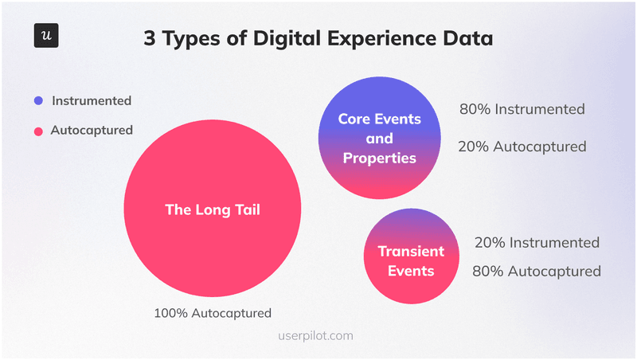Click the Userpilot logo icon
coord(47,37)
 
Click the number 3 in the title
coord(150,38)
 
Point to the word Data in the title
coord(468,38)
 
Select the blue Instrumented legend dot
coord(37,101)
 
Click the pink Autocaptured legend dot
coord(37,130)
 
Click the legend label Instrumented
coord(92,101)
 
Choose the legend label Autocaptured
coord(92,130)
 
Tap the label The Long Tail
coord(213,210)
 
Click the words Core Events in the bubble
coord(379,119)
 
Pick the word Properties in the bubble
coord(379,158)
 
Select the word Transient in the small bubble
coord(411,252)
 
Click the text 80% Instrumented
coord(522,109)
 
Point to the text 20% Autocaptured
coord(522,147)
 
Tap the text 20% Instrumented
coord(537,242)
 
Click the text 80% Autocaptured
coord(537,272)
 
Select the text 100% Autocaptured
coord(213,313)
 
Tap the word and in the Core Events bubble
coord(379,139)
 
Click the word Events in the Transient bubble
coord(411,271)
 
